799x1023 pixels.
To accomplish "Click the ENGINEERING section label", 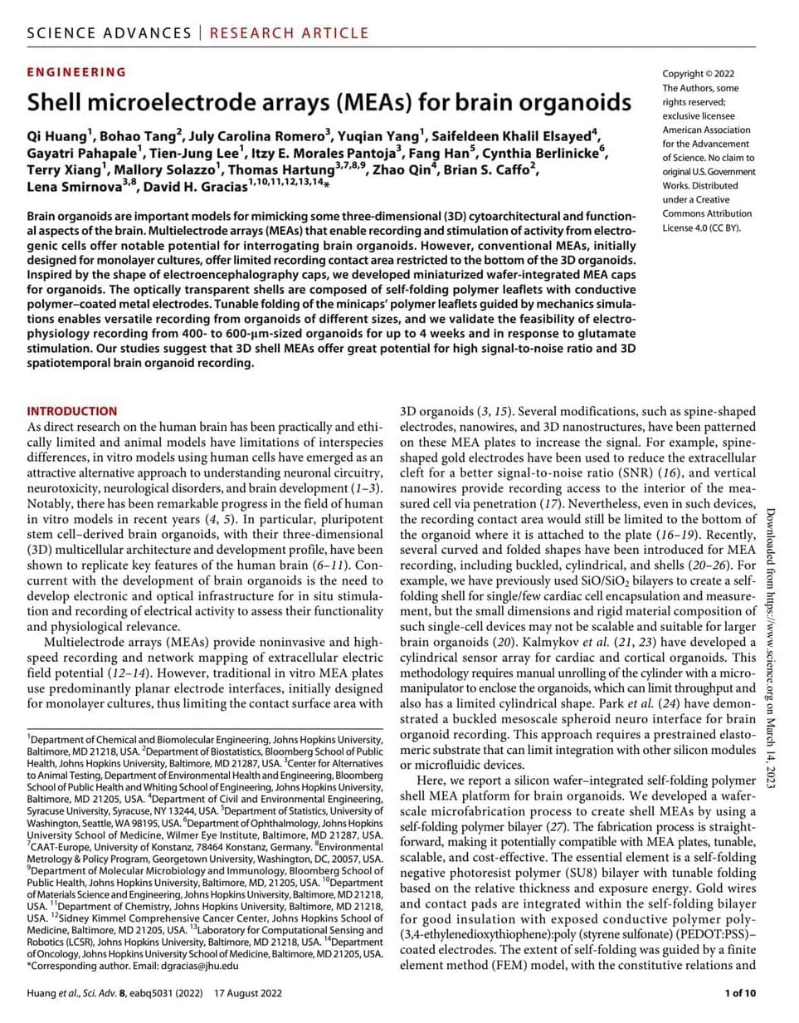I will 76,72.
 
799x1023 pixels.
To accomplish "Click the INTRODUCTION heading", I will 72,411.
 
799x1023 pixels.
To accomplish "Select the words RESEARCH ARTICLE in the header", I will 289,33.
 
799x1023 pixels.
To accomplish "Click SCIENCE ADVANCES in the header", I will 108,33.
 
